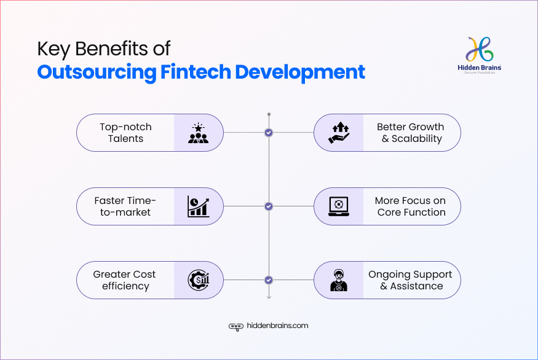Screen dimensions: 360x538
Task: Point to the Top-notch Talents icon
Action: coord(198,133)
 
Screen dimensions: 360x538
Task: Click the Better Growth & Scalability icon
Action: coord(339,133)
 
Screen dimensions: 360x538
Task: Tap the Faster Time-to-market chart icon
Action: coord(198,206)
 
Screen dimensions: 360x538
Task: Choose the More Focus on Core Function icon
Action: coord(339,206)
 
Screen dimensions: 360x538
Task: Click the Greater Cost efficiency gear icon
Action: coord(198,280)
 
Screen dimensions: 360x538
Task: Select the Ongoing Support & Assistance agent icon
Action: coord(339,280)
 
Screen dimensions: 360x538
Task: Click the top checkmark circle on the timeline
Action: coord(269,133)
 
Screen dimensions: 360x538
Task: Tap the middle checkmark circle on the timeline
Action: coord(269,206)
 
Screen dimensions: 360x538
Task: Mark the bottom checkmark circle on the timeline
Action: coord(269,280)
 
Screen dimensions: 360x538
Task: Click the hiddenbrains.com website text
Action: coord(277,326)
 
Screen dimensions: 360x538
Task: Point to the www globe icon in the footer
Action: coord(235,327)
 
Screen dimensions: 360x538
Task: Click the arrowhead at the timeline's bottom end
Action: coord(269,297)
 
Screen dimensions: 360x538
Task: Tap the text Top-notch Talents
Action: coord(125,133)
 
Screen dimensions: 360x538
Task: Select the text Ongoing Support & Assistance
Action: coord(410,280)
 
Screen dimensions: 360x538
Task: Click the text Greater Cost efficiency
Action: coord(125,280)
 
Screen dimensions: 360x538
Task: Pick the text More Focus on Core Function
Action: coord(410,206)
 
